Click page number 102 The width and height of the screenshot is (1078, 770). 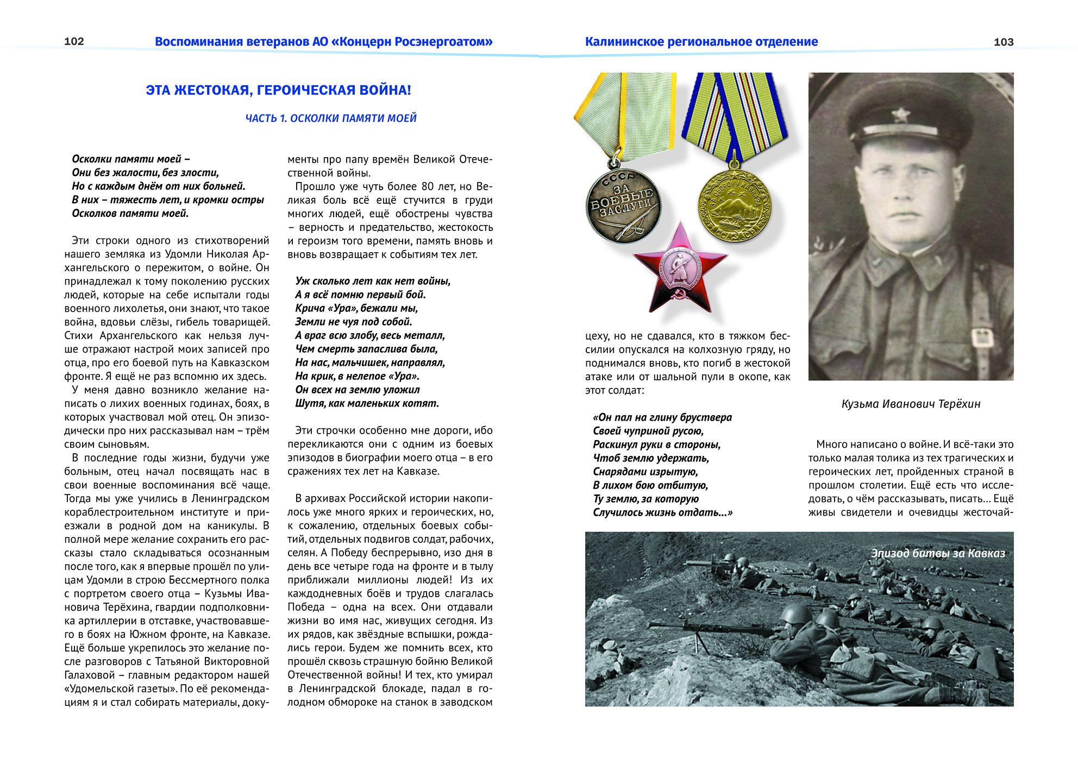(x=74, y=41)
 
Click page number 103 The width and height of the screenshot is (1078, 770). (x=1003, y=42)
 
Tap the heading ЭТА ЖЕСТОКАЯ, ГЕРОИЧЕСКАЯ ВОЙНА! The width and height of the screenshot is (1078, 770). (x=278, y=90)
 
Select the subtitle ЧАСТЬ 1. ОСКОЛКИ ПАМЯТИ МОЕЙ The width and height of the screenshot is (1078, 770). (x=331, y=118)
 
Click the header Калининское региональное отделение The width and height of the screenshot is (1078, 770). (x=701, y=42)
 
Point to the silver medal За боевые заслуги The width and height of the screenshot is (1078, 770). (x=623, y=205)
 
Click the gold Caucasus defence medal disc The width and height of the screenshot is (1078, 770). (x=734, y=205)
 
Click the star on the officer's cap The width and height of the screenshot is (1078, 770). (x=900, y=114)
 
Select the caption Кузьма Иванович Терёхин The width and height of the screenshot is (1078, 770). (x=911, y=404)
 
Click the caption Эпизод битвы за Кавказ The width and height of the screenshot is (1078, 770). (x=938, y=553)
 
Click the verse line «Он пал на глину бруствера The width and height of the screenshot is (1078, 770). (x=662, y=417)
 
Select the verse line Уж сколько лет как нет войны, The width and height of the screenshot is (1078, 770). (x=373, y=281)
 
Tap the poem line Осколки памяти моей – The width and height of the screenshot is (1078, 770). (x=131, y=159)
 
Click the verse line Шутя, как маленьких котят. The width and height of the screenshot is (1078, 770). (x=367, y=403)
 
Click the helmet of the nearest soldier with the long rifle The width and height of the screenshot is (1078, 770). (x=794, y=616)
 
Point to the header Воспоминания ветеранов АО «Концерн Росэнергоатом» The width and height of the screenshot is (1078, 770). (x=323, y=42)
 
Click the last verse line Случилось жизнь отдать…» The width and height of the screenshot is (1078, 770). (x=662, y=512)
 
